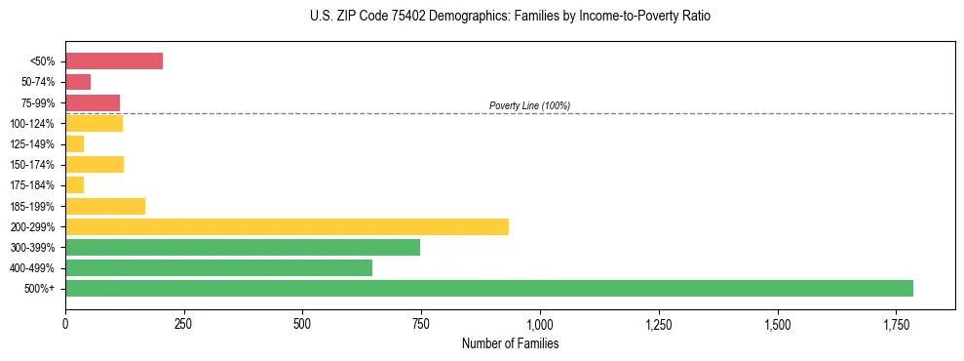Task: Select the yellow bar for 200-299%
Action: point(287,226)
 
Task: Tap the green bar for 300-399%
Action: point(243,248)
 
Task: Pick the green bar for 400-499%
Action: point(218,268)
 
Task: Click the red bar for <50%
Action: point(114,60)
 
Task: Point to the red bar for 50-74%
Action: point(78,82)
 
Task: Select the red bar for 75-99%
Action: point(93,102)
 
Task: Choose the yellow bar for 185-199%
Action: point(105,206)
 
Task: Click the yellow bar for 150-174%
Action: point(95,164)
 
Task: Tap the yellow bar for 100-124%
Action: point(94,123)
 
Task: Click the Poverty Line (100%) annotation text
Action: point(529,105)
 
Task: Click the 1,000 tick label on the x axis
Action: point(540,323)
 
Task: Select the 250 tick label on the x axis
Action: point(183,323)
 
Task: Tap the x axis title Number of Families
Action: point(510,343)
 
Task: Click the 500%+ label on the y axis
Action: point(41,289)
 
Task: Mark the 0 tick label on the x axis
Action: point(65,323)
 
